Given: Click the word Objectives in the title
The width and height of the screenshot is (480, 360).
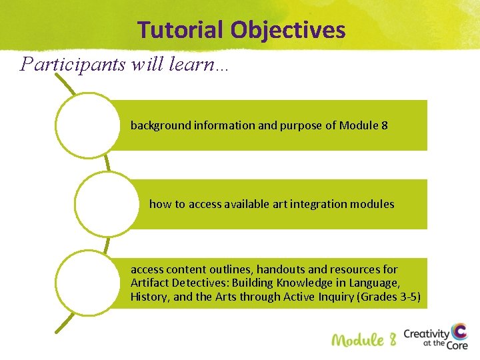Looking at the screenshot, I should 288,30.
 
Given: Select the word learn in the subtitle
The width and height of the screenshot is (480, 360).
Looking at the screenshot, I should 191,64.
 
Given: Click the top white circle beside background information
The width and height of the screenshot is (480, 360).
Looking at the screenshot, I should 86,125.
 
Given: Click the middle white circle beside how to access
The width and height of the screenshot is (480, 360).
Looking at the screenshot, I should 105,204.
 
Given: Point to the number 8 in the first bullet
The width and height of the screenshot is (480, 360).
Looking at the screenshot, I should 384,125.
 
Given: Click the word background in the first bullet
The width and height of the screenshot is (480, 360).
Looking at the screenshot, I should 161,125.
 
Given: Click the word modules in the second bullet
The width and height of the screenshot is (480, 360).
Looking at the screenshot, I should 373,204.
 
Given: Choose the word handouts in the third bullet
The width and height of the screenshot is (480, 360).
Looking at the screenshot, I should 281,270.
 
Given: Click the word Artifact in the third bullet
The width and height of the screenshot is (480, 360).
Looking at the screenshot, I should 149,283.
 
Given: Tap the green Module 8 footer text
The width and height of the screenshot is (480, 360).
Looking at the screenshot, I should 364,339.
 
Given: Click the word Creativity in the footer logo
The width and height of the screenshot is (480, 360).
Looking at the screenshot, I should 427,333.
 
